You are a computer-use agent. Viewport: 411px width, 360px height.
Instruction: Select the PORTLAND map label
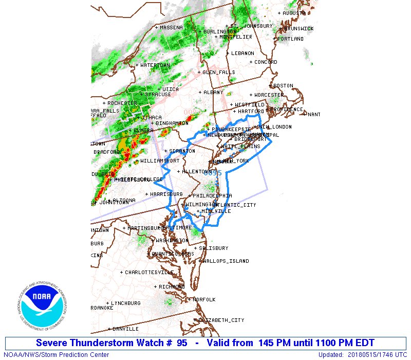[291, 39]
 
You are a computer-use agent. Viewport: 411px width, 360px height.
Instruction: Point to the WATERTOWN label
[155, 65]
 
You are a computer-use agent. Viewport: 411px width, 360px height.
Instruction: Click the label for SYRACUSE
[158, 95]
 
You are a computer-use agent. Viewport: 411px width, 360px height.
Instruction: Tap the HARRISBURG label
[166, 194]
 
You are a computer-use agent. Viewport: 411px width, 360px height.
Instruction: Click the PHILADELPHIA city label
[212, 195]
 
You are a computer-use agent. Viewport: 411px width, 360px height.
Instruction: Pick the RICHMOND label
[172, 286]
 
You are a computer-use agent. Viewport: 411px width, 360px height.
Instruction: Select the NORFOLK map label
[204, 299]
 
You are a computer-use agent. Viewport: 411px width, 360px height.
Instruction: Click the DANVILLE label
[125, 329]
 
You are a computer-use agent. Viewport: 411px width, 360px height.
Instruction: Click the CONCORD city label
[266, 62]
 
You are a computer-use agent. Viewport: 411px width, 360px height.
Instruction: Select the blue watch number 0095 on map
[213, 173]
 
